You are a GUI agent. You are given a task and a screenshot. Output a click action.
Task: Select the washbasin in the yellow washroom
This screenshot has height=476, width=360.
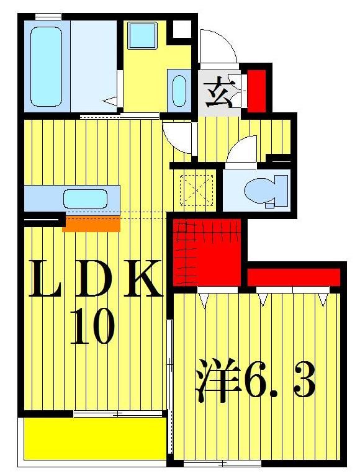(x=179, y=91)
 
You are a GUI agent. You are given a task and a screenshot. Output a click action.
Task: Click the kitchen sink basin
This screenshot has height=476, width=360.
(x=85, y=199)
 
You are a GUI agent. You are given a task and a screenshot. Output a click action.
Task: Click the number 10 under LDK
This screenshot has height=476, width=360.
(x=92, y=327)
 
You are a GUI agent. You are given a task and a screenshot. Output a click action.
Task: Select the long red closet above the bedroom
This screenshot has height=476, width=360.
(x=294, y=277)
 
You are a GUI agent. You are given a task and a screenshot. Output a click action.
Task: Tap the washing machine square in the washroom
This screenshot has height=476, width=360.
(x=142, y=35)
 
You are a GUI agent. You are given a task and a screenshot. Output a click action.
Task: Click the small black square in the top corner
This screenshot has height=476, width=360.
(x=182, y=29)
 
